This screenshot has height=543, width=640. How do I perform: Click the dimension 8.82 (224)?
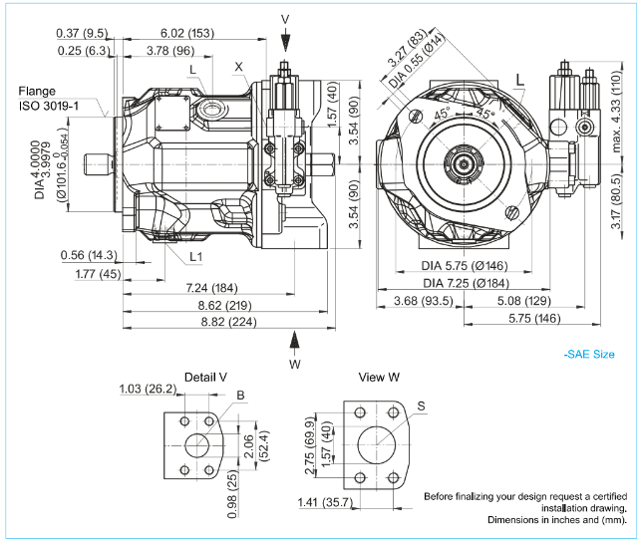click(228, 322)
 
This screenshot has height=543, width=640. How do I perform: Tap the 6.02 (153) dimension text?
click(187, 33)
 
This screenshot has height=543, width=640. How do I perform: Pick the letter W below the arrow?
click(295, 365)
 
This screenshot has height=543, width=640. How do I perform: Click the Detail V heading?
click(206, 378)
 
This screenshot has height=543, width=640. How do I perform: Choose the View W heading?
click(380, 378)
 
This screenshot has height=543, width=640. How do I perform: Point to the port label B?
click(240, 396)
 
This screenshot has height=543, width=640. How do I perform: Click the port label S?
click(422, 406)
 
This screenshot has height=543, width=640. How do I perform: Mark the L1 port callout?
click(197, 256)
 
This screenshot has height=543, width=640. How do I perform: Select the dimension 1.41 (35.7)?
click(325, 502)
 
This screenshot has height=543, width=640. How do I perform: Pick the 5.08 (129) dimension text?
click(522, 301)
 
